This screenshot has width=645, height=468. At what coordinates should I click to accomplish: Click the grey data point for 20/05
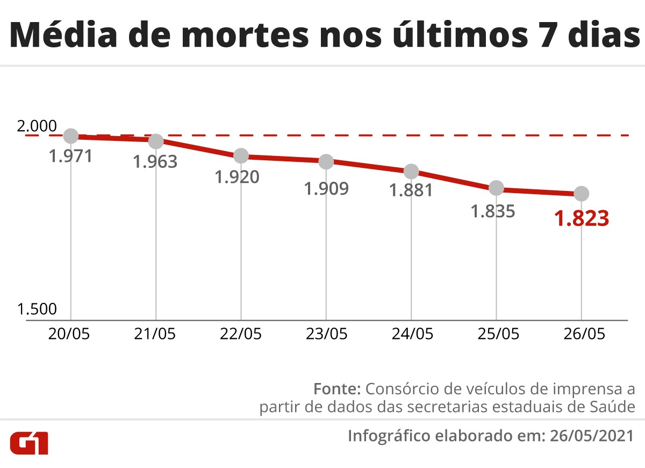pyautogui.click(x=71, y=136)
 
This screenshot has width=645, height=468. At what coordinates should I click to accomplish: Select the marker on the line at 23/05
pyautogui.click(x=326, y=161)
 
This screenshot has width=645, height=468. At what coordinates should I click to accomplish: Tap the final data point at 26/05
pyautogui.click(x=581, y=193)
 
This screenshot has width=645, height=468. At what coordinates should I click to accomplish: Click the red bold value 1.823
pyautogui.click(x=582, y=219)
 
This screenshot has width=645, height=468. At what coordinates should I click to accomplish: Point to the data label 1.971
pyautogui.click(x=71, y=156)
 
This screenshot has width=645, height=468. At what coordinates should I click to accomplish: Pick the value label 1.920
pyautogui.click(x=237, y=177)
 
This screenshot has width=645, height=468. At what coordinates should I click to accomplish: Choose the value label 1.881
pyautogui.click(x=411, y=190)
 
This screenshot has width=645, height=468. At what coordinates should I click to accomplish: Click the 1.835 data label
pyautogui.click(x=493, y=211)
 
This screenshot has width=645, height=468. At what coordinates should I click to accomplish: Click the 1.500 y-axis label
pyautogui.click(x=37, y=309)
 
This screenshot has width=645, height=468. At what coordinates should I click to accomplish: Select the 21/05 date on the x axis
pyautogui.click(x=155, y=334)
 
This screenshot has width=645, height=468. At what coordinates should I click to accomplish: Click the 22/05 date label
pyautogui.click(x=240, y=334)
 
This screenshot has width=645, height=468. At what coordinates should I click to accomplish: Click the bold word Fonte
pyautogui.click(x=336, y=388)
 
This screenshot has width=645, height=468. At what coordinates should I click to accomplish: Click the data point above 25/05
pyautogui.click(x=496, y=188)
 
